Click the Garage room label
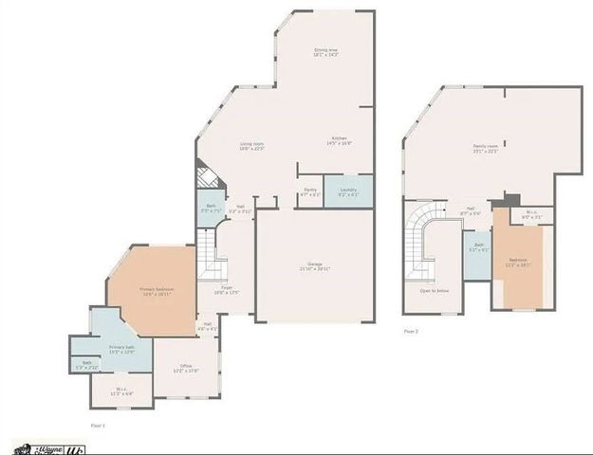coord(315,265)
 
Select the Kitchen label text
coord(339,141)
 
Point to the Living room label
coord(251,145)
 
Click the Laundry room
coord(348,192)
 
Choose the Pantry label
coord(310,192)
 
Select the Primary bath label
coord(120,349)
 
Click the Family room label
coord(486,148)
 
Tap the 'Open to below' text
coord(435,290)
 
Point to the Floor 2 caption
coord(411,331)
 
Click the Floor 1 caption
coord(98,426)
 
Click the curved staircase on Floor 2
coord(419,242)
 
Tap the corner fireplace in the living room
coord(207,177)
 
